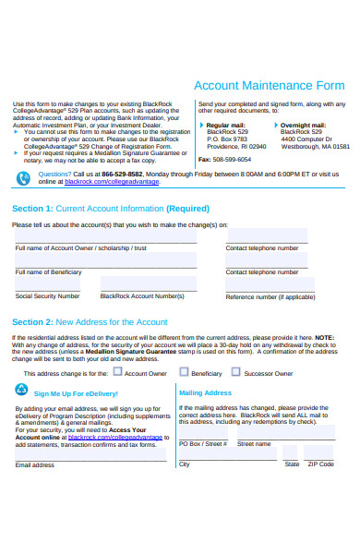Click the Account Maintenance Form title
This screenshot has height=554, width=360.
pyautogui.click(x=270, y=85)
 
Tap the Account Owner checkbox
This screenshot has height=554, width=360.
pyautogui.click(x=117, y=372)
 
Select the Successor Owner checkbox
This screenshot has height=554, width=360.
pyautogui.click(x=236, y=372)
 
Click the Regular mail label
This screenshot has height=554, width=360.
pyautogui.click(x=226, y=125)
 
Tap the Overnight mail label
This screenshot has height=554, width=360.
pyautogui.click(x=303, y=125)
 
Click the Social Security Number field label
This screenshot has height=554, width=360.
pyautogui.click(x=47, y=296)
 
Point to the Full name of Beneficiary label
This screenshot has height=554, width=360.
pyautogui.click(x=48, y=272)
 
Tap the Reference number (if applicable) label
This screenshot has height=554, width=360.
pyautogui.click(x=270, y=297)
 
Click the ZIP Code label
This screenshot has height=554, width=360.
pyautogui.click(x=320, y=464)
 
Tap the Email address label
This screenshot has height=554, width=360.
pyautogui.click(x=35, y=464)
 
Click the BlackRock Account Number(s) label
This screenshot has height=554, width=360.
pyautogui.click(x=142, y=296)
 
